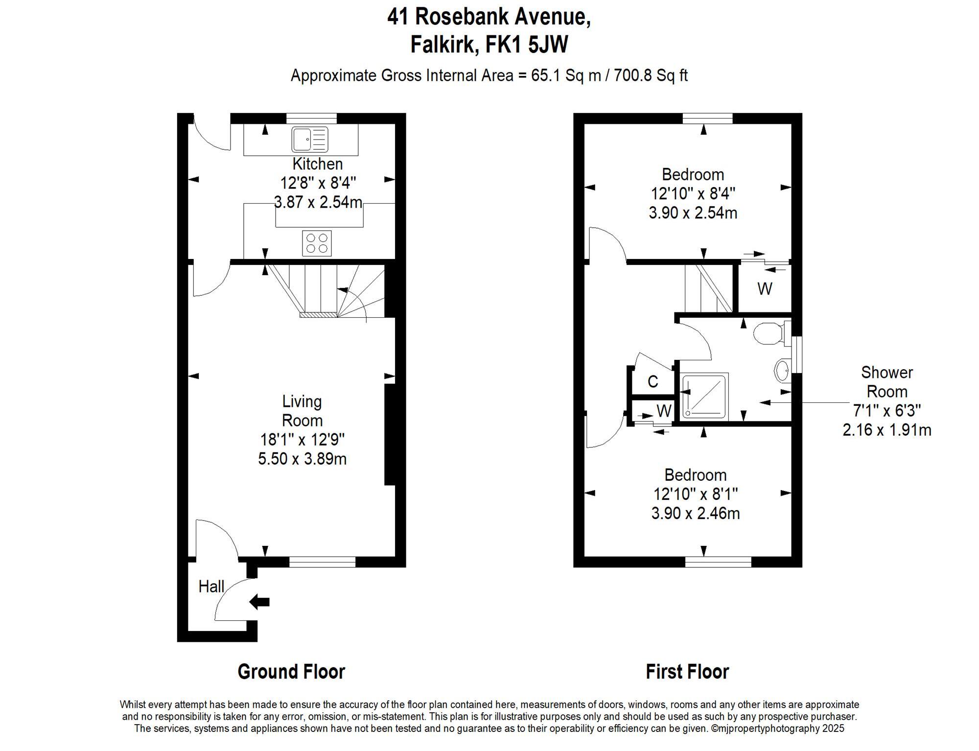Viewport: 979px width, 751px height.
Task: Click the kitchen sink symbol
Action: pyautogui.click(x=310, y=140)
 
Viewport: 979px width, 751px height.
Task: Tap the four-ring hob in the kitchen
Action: pyautogui.click(x=317, y=243)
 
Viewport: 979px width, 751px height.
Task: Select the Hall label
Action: pyautogui.click(x=211, y=587)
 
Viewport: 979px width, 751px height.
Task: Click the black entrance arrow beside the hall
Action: pyautogui.click(x=259, y=602)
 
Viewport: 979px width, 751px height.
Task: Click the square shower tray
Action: pyautogui.click(x=703, y=397)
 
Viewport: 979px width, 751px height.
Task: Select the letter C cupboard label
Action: pyautogui.click(x=653, y=382)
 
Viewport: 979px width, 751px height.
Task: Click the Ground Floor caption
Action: pyautogui.click(x=291, y=672)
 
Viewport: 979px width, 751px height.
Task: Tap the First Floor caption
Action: pyautogui.click(x=687, y=672)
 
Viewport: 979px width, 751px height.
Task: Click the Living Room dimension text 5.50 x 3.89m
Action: pyautogui.click(x=302, y=459)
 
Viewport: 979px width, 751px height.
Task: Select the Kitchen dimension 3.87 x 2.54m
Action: pyautogui.click(x=318, y=202)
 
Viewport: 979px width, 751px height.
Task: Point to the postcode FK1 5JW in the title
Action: pyautogui.click(x=527, y=45)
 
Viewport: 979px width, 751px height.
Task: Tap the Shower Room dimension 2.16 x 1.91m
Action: pyautogui.click(x=886, y=430)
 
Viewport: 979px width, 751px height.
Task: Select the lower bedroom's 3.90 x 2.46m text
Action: pyautogui.click(x=695, y=514)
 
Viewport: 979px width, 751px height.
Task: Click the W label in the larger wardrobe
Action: pyautogui.click(x=765, y=289)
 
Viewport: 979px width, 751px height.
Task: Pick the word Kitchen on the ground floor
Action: pyautogui.click(x=317, y=164)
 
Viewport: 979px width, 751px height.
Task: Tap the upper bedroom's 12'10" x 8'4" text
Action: pyautogui.click(x=693, y=194)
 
